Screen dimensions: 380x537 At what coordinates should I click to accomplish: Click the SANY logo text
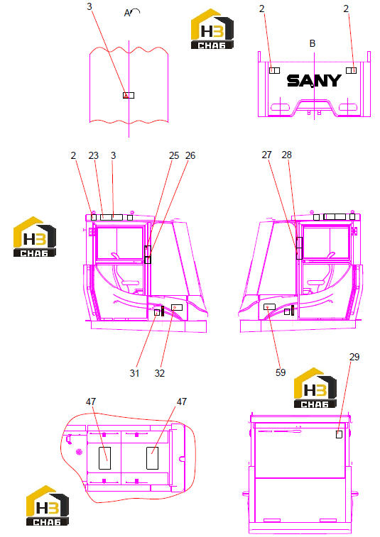314,81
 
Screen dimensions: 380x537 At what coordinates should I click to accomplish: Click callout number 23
93,155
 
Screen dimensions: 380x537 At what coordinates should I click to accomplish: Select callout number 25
174,155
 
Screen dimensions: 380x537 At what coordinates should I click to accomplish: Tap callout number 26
190,155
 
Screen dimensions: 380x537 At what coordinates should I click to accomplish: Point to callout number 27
266,155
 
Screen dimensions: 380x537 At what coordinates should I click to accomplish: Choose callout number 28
286,155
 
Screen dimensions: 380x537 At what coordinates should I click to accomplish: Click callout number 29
354,357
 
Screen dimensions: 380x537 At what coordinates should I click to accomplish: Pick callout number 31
134,373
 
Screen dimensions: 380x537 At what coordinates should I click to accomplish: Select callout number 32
160,373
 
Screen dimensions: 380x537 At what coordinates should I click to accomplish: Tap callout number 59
281,372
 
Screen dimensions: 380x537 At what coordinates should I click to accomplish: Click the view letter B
312,43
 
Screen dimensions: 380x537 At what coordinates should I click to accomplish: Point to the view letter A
127,13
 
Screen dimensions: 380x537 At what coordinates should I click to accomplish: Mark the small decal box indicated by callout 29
339,434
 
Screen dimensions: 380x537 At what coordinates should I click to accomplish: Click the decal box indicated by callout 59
269,307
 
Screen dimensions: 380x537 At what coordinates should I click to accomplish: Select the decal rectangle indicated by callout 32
177,307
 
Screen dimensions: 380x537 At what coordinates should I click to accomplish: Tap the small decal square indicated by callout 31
157,312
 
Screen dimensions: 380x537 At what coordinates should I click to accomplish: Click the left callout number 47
91,402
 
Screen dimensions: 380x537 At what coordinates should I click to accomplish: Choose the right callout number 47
181,402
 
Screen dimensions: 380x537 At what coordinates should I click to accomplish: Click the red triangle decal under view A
126,96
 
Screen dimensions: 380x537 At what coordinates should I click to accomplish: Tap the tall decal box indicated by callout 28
300,248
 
